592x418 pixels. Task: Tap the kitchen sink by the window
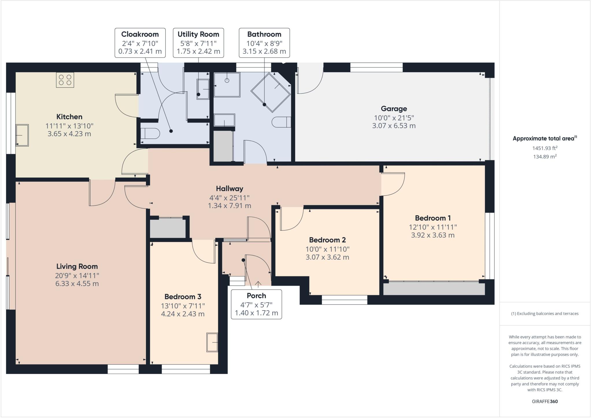[22, 135]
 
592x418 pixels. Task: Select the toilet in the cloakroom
[150, 134]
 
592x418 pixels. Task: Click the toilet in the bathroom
[281, 122]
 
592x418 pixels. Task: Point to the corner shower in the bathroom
[270, 92]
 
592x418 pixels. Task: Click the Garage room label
[394, 109]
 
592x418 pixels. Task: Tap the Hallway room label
[230, 189]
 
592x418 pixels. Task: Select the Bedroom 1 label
[433, 218]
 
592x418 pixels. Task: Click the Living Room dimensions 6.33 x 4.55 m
[77, 284]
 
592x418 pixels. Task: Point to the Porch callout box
[256, 304]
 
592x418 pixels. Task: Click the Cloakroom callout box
[140, 43]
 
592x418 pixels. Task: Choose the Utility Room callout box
[198, 43]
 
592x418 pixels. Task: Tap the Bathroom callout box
[264, 43]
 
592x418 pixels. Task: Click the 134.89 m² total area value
[545, 157]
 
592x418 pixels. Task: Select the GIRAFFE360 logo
[545, 401]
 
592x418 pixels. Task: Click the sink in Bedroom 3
[212, 342]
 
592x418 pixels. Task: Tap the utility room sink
[203, 89]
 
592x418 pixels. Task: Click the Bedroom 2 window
[344, 300]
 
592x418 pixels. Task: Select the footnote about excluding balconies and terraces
[545, 313]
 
